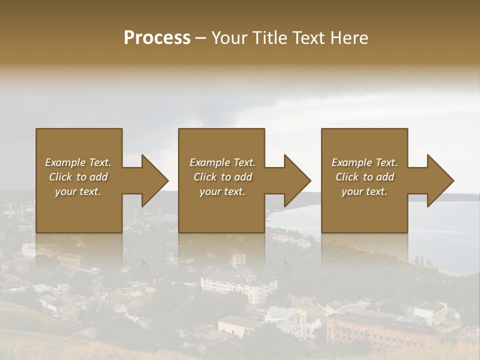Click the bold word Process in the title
click(x=157, y=38)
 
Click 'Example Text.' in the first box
click(x=78, y=162)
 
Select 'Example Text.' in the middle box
click(x=222, y=162)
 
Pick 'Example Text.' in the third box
click(x=364, y=162)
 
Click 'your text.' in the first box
click(x=78, y=191)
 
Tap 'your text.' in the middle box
click(x=222, y=191)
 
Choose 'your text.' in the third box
click(x=364, y=191)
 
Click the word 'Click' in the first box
click(x=61, y=177)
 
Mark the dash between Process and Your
click(x=200, y=38)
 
